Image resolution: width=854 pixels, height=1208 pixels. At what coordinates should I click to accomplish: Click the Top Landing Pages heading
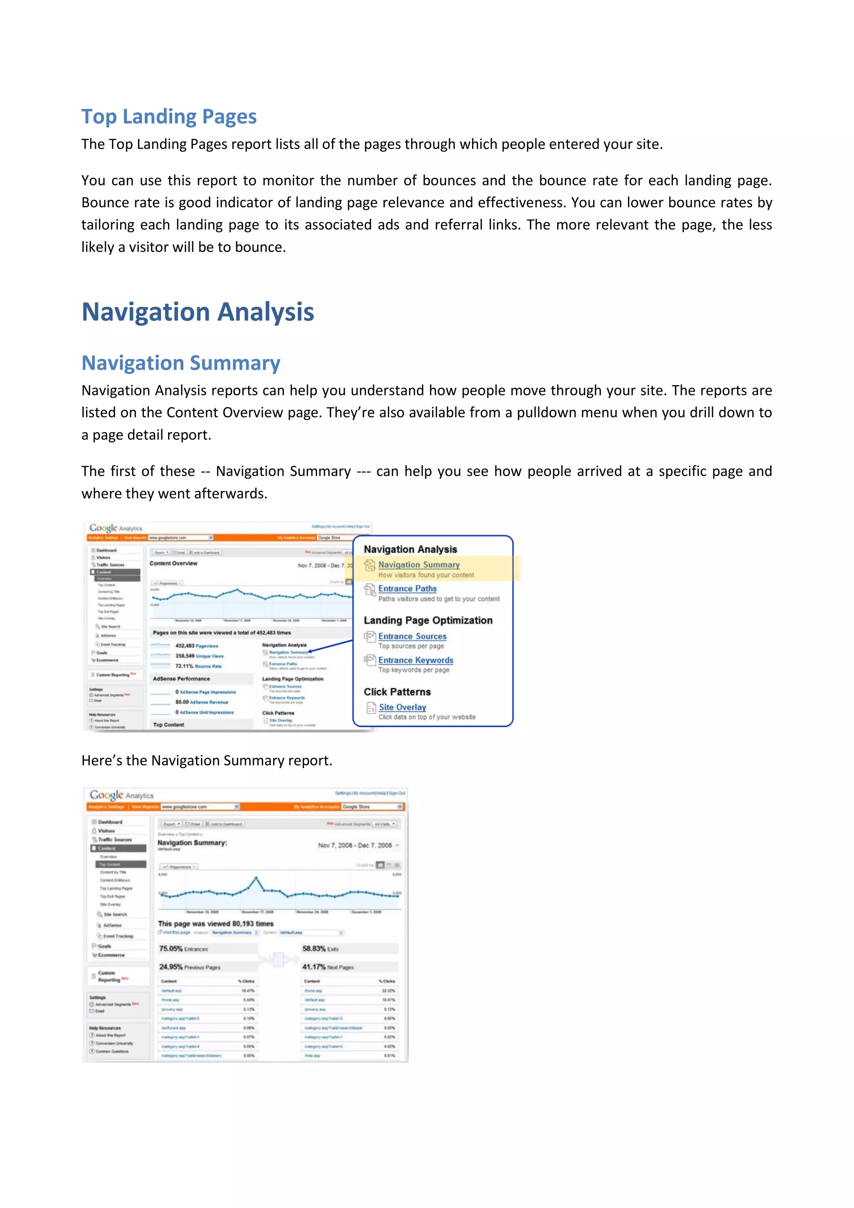[169, 116]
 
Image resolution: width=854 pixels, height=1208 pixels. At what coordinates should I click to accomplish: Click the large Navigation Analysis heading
[198, 312]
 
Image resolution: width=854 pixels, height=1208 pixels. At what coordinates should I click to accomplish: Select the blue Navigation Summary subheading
[181, 363]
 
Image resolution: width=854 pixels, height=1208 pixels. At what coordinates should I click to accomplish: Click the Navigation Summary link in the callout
[419, 564]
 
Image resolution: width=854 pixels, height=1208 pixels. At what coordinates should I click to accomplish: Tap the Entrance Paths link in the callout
[407, 589]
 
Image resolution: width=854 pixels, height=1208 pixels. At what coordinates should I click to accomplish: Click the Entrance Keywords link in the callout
[415, 660]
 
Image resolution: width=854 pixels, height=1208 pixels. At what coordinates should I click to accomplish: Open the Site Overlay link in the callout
[402, 707]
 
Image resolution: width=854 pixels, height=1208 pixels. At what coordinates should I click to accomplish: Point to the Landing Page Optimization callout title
[428, 620]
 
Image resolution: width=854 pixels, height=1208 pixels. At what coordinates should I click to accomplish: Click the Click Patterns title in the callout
[397, 692]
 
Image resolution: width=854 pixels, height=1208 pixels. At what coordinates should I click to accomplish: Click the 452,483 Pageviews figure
[196, 646]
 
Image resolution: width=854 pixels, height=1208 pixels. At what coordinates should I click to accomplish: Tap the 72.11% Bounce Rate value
[198, 666]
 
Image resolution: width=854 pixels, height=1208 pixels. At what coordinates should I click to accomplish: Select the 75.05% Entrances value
[183, 949]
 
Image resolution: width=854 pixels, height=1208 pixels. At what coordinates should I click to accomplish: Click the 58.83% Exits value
[320, 949]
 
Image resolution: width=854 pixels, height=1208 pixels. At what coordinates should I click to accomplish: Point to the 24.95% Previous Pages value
[189, 967]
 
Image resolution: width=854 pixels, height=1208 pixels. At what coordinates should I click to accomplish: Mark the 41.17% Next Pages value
[328, 967]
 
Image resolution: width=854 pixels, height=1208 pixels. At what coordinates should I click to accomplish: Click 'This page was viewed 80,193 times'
[216, 924]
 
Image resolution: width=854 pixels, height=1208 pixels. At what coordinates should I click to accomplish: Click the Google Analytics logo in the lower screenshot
[121, 795]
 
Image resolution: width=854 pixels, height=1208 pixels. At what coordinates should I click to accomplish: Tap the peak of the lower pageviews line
[256, 878]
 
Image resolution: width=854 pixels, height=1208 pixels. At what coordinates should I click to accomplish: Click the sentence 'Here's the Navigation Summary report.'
[207, 761]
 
